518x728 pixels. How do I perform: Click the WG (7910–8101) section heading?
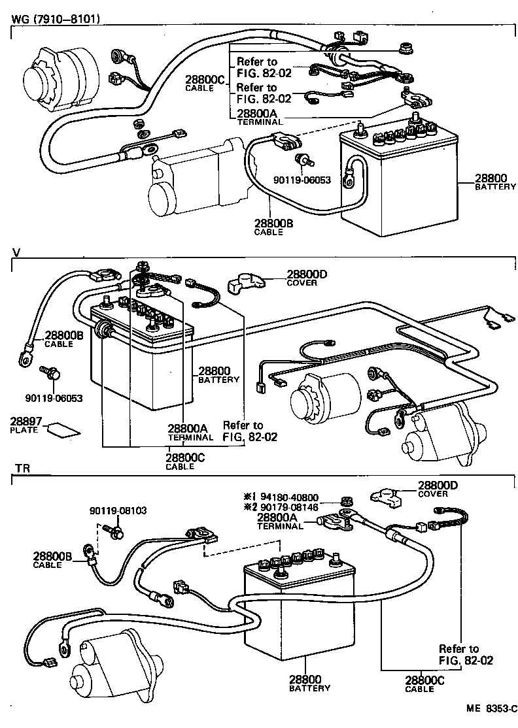coord(55,18)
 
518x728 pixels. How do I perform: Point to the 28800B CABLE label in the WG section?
coord(273,226)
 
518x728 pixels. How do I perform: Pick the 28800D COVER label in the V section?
coord(302,278)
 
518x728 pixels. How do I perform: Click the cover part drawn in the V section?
coord(245,283)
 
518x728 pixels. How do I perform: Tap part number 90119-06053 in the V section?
coord(54,397)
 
